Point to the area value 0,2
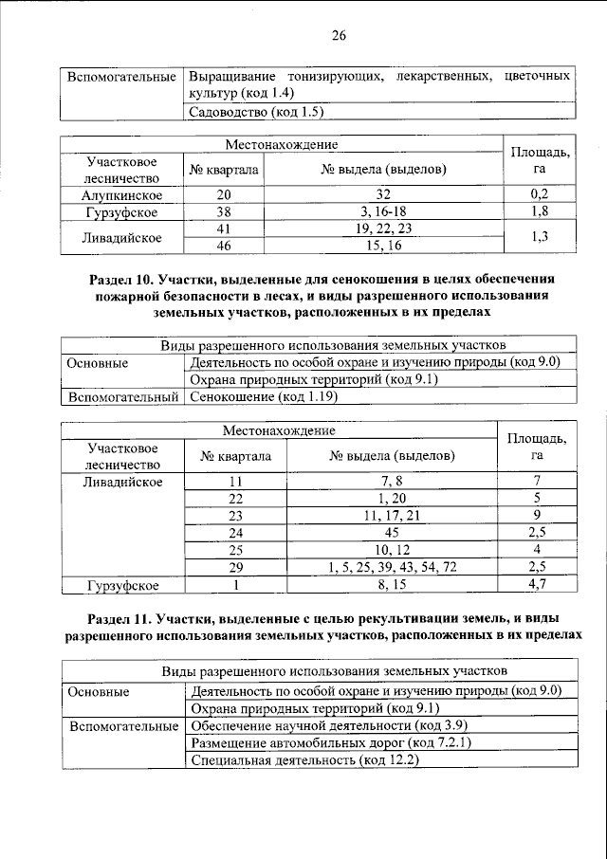[540, 194]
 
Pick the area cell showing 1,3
[540, 237]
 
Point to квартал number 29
[236, 566]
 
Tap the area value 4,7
[537, 583]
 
